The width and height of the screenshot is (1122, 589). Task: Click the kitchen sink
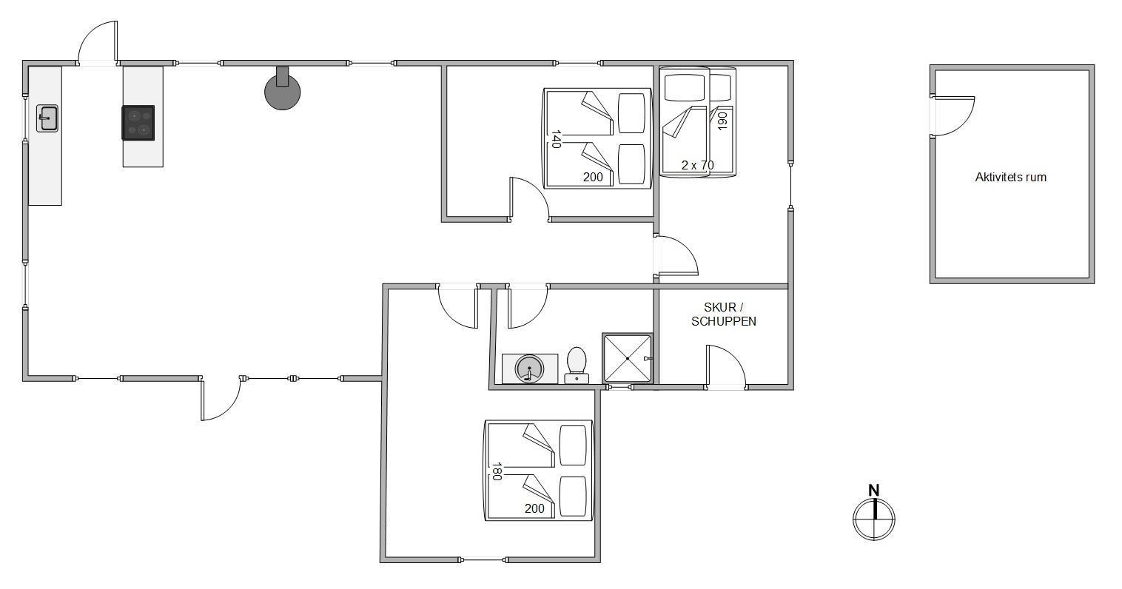click(47, 118)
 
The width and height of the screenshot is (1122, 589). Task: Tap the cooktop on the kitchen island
click(138, 123)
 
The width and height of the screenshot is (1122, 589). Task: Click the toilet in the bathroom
click(577, 366)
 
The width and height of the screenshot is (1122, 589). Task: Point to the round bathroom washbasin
click(529, 370)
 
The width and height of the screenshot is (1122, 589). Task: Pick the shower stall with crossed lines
click(628, 358)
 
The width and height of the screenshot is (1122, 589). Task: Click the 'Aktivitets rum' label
click(1011, 178)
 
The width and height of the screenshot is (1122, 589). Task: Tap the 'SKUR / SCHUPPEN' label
click(724, 314)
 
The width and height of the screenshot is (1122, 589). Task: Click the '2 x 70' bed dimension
click(698, 165)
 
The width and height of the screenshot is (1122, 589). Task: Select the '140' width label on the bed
click(556, 139)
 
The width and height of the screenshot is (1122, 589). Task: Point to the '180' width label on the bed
click(497, 472)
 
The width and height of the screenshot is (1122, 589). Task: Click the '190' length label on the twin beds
click(722, 121)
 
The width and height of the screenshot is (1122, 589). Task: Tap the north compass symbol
click(874, 519)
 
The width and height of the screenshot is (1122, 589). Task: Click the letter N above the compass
click(874, 491)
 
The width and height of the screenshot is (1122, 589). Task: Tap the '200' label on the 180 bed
click(534, 509)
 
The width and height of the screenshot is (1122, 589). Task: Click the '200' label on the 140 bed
click(593, 178)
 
